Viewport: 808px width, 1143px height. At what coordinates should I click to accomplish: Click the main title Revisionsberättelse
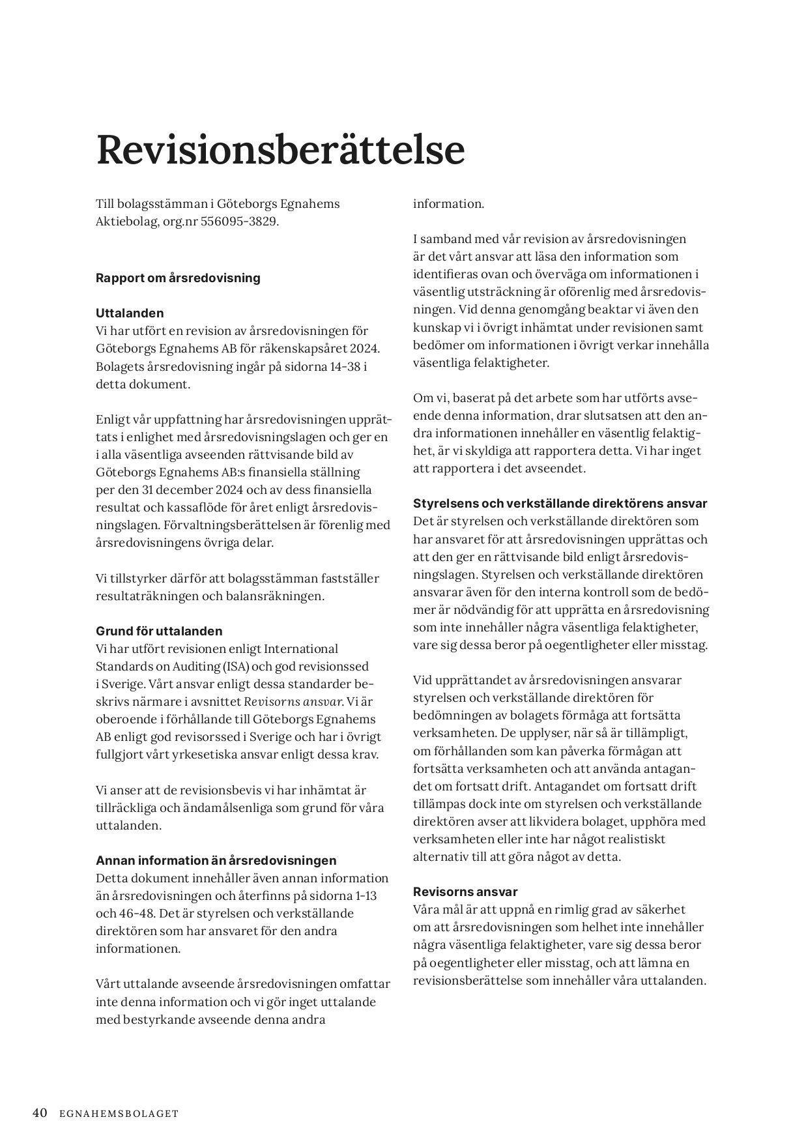(x=280, y=150)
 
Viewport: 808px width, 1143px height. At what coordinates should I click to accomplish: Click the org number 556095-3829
(x=240, y=222)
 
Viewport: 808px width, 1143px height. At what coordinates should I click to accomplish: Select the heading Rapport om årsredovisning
(x=178, y=278)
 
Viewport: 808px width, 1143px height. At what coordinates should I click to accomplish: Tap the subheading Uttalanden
(x=130, y=313)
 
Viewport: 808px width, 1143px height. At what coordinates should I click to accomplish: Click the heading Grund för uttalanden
(x=159, y=631)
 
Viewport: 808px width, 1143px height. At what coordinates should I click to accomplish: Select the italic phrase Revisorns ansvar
(x=293, y=702)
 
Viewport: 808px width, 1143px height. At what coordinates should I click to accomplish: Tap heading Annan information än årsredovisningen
(x=216, y=860)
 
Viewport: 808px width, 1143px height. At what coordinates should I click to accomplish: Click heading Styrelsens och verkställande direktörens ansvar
(x=560, y=504)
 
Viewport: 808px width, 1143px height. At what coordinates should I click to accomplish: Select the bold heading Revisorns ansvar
(x=465, y=891)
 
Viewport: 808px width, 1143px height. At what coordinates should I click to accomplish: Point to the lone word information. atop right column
(x=448, y=204)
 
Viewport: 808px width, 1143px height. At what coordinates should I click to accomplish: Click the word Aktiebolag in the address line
(x=123, y=222)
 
